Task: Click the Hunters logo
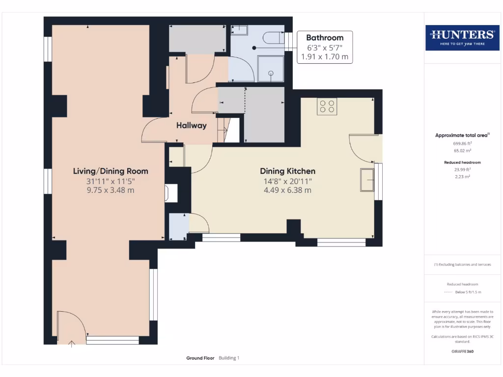tap(462, 37)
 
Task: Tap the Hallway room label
tap(192, 125)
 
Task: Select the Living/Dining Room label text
tap(111, 171)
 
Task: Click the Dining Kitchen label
tap(288, 171)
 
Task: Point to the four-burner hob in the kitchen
tap(327, 106)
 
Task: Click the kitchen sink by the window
tap(367, 180)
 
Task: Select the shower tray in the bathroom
tap(271, 69)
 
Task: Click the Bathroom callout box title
tap(325, 38)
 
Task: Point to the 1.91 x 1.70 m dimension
tap(325, 57)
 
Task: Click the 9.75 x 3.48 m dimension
tap(111, 190)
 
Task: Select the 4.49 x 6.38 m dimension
tap(288, 190)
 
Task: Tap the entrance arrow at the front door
tap(72, 344)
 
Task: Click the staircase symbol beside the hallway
tap(228, 130)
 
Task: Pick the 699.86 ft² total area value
tap(462, 144)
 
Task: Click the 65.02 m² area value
tap(462, 150)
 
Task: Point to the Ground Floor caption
tap(200, 358)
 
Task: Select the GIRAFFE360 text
tap(462, 351)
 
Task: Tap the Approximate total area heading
tap(462, 135)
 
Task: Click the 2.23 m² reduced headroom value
tap(462, 177)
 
